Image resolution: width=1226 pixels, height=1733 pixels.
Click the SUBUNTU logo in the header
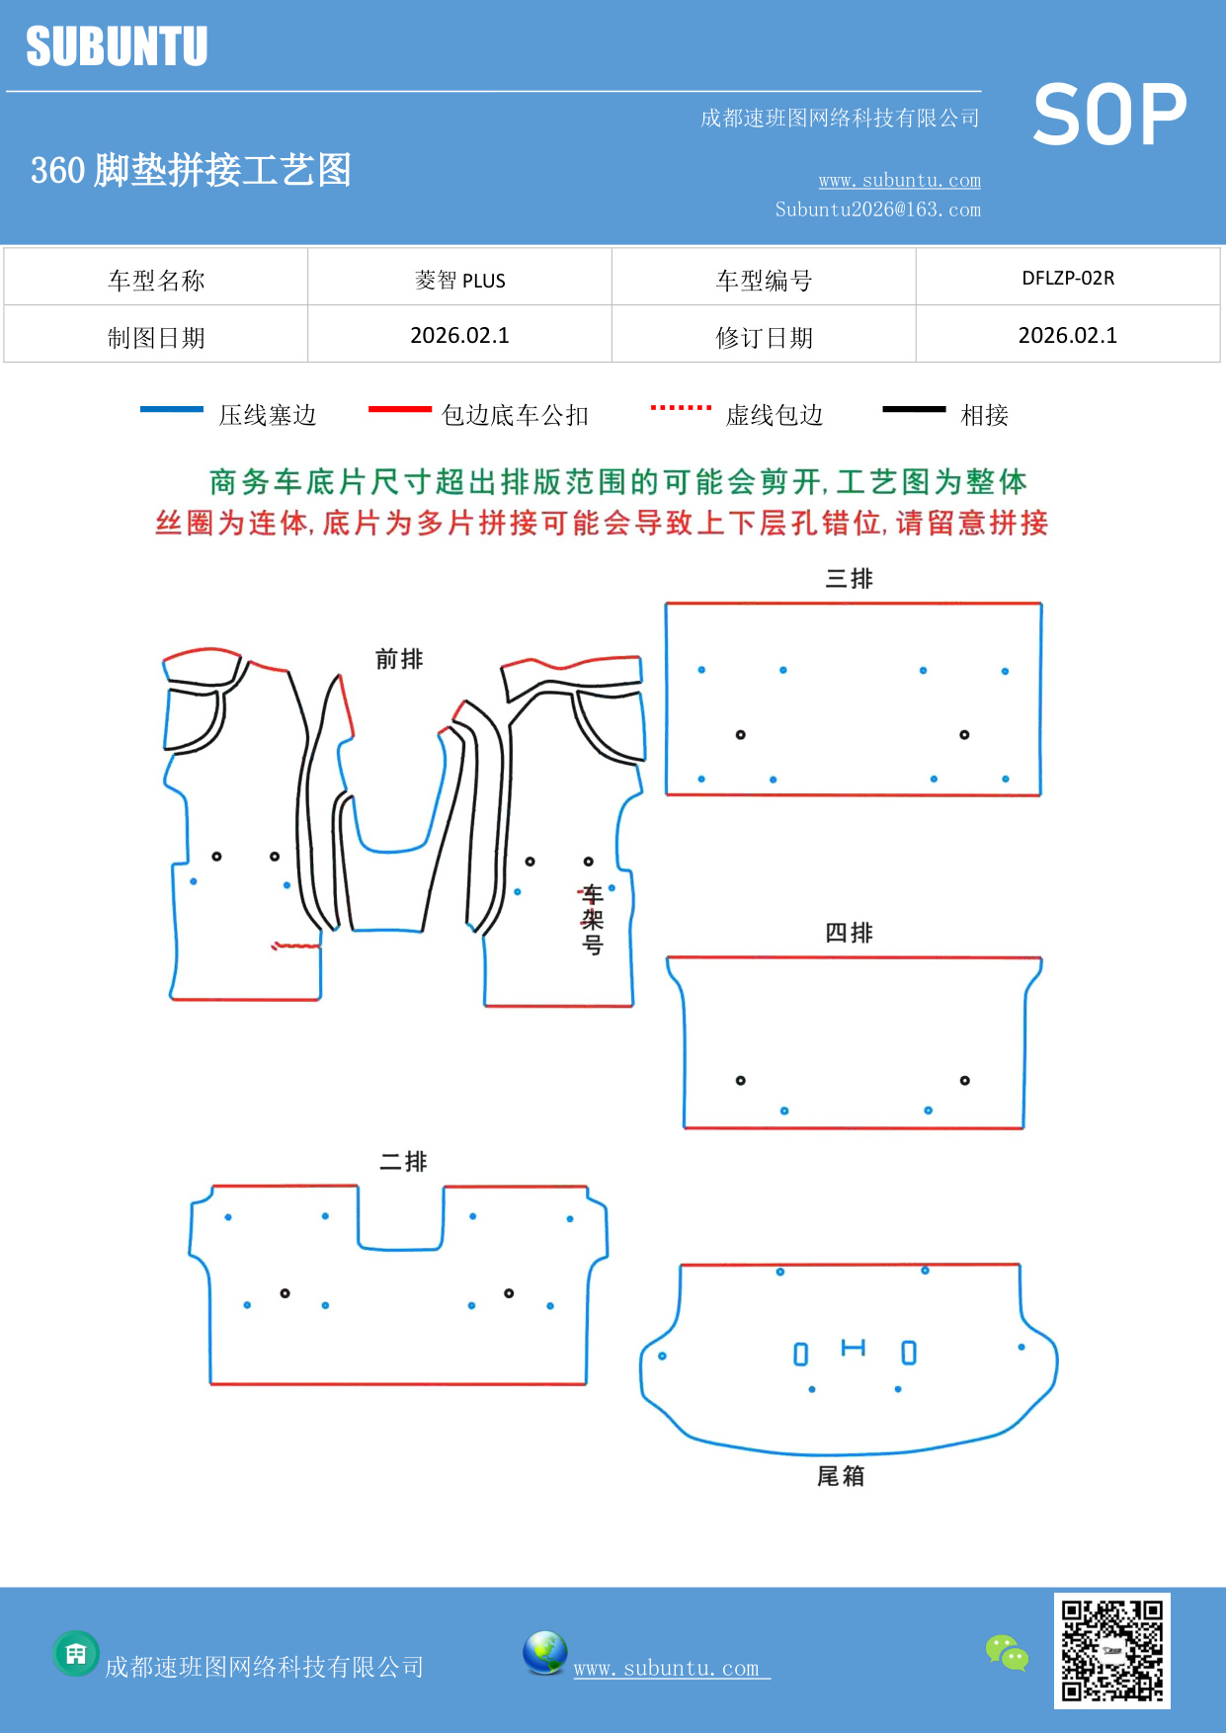[117, 46]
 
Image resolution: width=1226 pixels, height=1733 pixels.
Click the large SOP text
[1108, 116]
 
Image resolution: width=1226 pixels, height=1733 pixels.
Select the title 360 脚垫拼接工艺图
[191, 170]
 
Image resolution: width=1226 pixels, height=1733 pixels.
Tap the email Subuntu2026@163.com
[877, 209]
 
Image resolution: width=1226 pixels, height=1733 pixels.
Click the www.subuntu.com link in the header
[899, 180]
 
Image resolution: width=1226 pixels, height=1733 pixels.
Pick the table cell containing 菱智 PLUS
[459, 280]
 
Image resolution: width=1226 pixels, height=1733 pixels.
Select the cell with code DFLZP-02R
[1068, 278]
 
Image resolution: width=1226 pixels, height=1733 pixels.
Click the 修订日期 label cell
[764, 337]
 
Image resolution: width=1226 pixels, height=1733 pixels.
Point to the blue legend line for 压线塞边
[172, 409]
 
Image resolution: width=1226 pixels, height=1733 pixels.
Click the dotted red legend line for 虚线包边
[681, 407]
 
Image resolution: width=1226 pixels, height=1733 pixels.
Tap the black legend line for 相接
[914, 409]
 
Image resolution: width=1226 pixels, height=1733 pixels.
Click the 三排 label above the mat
[849, 579]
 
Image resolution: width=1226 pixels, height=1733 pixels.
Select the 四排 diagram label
[849, 933]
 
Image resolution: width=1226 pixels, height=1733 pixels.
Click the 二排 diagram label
[403, 1162]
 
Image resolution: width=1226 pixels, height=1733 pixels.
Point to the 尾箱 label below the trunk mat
[841, 1476]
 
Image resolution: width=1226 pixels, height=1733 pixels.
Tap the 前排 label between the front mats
[399, 659]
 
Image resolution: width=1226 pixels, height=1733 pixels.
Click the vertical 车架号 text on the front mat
[592, 920]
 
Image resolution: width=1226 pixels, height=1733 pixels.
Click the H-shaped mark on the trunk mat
[853, 1348]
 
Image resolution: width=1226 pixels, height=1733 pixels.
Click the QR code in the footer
[1111, 1650]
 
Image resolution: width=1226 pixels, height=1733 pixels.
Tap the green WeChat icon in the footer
[1007, 1653]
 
